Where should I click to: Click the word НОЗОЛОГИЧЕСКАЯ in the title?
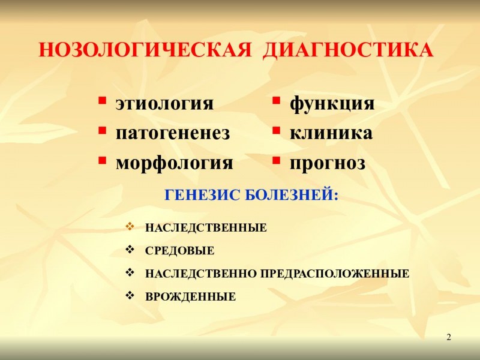(144, 50)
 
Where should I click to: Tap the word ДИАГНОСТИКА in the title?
(348, 50)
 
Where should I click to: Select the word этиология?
(164, 103)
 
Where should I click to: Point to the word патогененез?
(173, 133)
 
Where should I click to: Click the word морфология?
(174, 162)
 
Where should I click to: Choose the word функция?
(332, 103)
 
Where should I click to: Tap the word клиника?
(331, 133)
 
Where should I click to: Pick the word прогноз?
(328, 163)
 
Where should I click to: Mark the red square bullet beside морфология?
(103, 160)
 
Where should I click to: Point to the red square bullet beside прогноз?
(277, 160)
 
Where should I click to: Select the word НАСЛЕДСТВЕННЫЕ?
(206, 229)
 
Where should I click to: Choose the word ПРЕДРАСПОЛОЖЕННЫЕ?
(335, 274)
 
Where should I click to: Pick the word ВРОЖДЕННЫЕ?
(190, 297)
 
